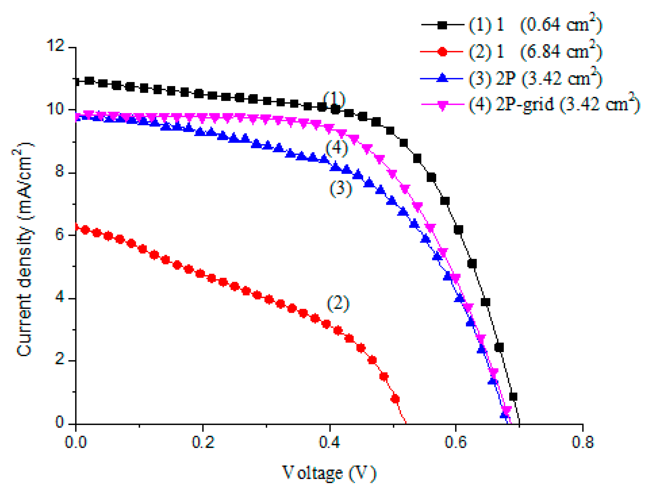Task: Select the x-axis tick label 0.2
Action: pos(203,442)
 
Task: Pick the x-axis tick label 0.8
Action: pos(582,442)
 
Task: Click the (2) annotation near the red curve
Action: pos(338,303)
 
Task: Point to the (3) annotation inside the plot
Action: pos(341,189)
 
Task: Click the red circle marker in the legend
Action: pos(442,52)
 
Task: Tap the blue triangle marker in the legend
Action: pos(442,78)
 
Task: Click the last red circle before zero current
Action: pos(395,399)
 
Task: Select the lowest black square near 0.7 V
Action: pos(513,397)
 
